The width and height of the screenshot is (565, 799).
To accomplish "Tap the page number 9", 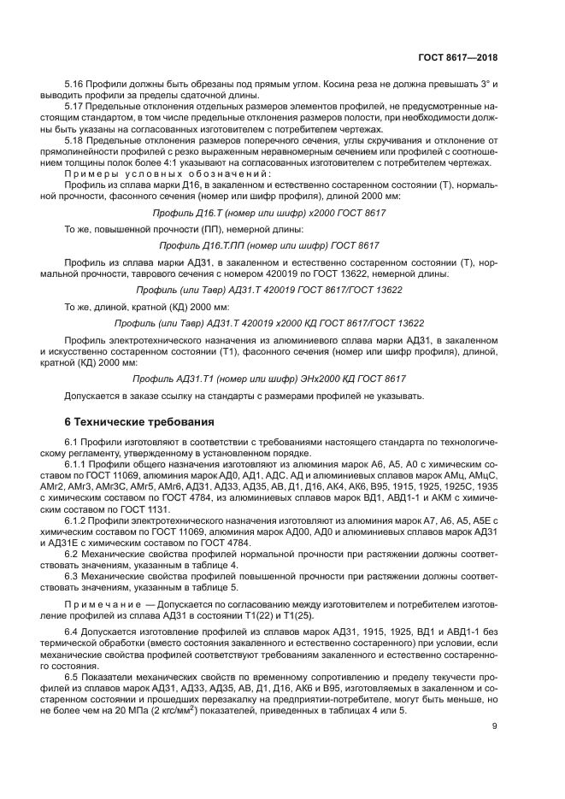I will pos(495,727).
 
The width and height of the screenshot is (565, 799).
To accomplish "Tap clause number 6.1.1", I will pos(79,463).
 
